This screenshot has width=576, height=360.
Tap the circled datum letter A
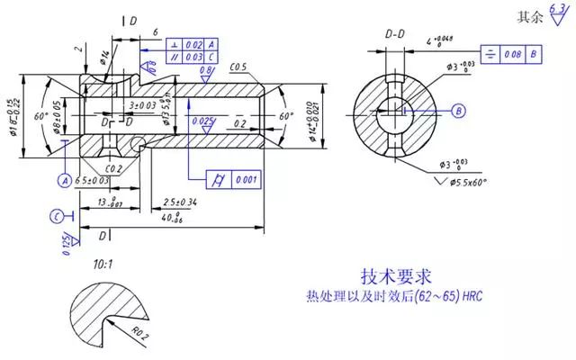coord(65,180)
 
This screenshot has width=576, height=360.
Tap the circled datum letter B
coord(458,111)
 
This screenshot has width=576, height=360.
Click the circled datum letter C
coord(56,216)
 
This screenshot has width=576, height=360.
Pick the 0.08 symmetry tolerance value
coord(512,54)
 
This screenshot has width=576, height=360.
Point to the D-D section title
coord(395,33)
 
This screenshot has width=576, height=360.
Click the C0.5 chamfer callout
coord(238,67)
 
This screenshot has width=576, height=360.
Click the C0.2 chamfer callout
coord(112,168)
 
